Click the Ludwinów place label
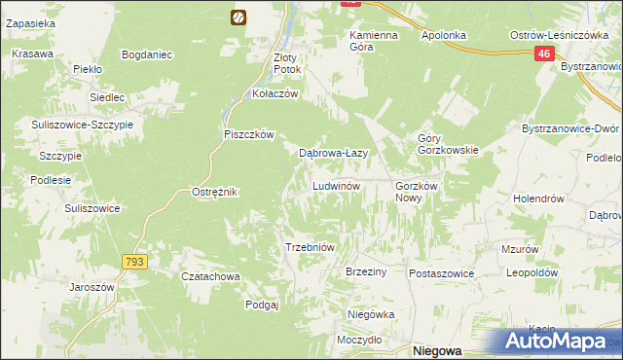coord(337,185)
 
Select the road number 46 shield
coord(544,57)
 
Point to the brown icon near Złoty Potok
coord(238,17)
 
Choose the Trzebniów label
coord(310,247)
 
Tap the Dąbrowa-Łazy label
coord(331,153)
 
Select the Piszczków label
coord(251,134)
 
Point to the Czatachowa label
coord(211,276)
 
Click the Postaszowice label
coord(441,273)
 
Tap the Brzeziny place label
coord(367,272)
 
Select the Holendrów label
coord(539,198)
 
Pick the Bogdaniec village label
coord(147,54)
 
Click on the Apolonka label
coord(444,35)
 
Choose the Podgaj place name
coord(262,305)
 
